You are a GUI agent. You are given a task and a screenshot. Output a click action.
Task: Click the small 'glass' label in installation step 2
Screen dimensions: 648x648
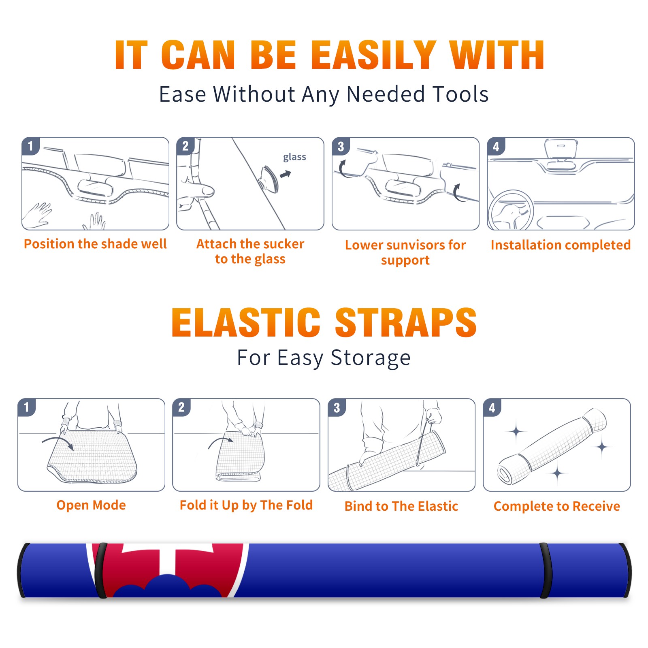(294, 157)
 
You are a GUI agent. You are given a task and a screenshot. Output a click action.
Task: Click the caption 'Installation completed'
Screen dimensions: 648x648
(561, 245)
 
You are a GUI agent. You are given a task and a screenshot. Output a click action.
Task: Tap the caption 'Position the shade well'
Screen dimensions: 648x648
(95, 244)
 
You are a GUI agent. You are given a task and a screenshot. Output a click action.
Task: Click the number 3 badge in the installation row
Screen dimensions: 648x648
(341, 146)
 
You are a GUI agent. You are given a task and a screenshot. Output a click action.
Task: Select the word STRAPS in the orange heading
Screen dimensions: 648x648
(406, 322)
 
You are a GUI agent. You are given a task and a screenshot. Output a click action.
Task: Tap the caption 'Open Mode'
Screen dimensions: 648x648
(91, 505)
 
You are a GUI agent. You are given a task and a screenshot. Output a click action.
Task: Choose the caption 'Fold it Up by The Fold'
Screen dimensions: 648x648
(246, 505)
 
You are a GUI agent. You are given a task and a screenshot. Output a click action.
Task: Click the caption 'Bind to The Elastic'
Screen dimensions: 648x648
(401, 506)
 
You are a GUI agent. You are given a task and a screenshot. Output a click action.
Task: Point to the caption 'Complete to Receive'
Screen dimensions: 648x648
(557, 506)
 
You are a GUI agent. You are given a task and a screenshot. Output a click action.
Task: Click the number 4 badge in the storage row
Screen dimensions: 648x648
(492, 407)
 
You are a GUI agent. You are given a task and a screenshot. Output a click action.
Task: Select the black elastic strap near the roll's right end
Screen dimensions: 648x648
(545, 570)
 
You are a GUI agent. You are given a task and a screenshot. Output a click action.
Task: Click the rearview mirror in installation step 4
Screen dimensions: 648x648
(561, 150)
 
